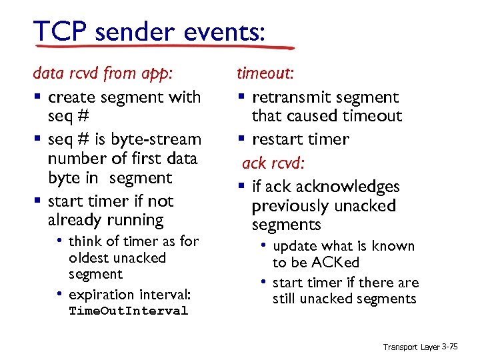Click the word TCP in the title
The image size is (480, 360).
pos(60,31)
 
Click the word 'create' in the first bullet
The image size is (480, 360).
pos(73,97)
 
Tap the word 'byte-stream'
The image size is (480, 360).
pos(157,139)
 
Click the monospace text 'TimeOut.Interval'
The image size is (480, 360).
pos(128,311)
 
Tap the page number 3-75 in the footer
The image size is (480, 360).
pos(453,347)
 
